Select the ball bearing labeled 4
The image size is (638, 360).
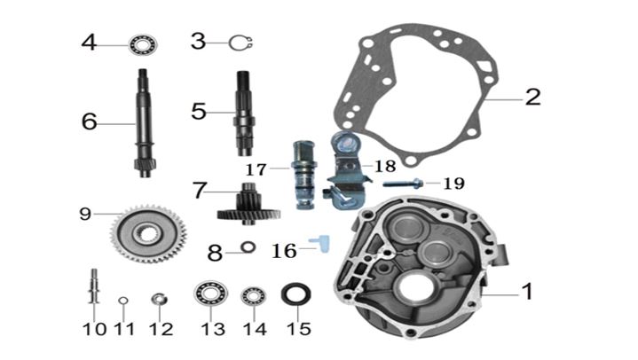[x=143, y=44]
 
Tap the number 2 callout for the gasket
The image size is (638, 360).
[x=533, y=97]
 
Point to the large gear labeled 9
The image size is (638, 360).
[x=148, y=234]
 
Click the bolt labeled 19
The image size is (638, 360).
[x=403, y=184]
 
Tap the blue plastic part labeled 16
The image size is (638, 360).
[x=321, y=243]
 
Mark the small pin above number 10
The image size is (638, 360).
[x=94, y=286]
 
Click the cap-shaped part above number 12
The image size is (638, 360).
[x=159, y=299]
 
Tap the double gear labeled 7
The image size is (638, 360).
[x=248, y=204]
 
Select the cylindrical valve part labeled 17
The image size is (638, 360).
[x=304, y=175]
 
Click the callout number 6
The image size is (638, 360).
[x=90, y=121]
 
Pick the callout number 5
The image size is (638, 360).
[x=199, y=112]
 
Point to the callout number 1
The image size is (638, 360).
[x=527, y=291]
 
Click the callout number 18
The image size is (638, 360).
[x=385, y=166]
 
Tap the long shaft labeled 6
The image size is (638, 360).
[x=145, y=123]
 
